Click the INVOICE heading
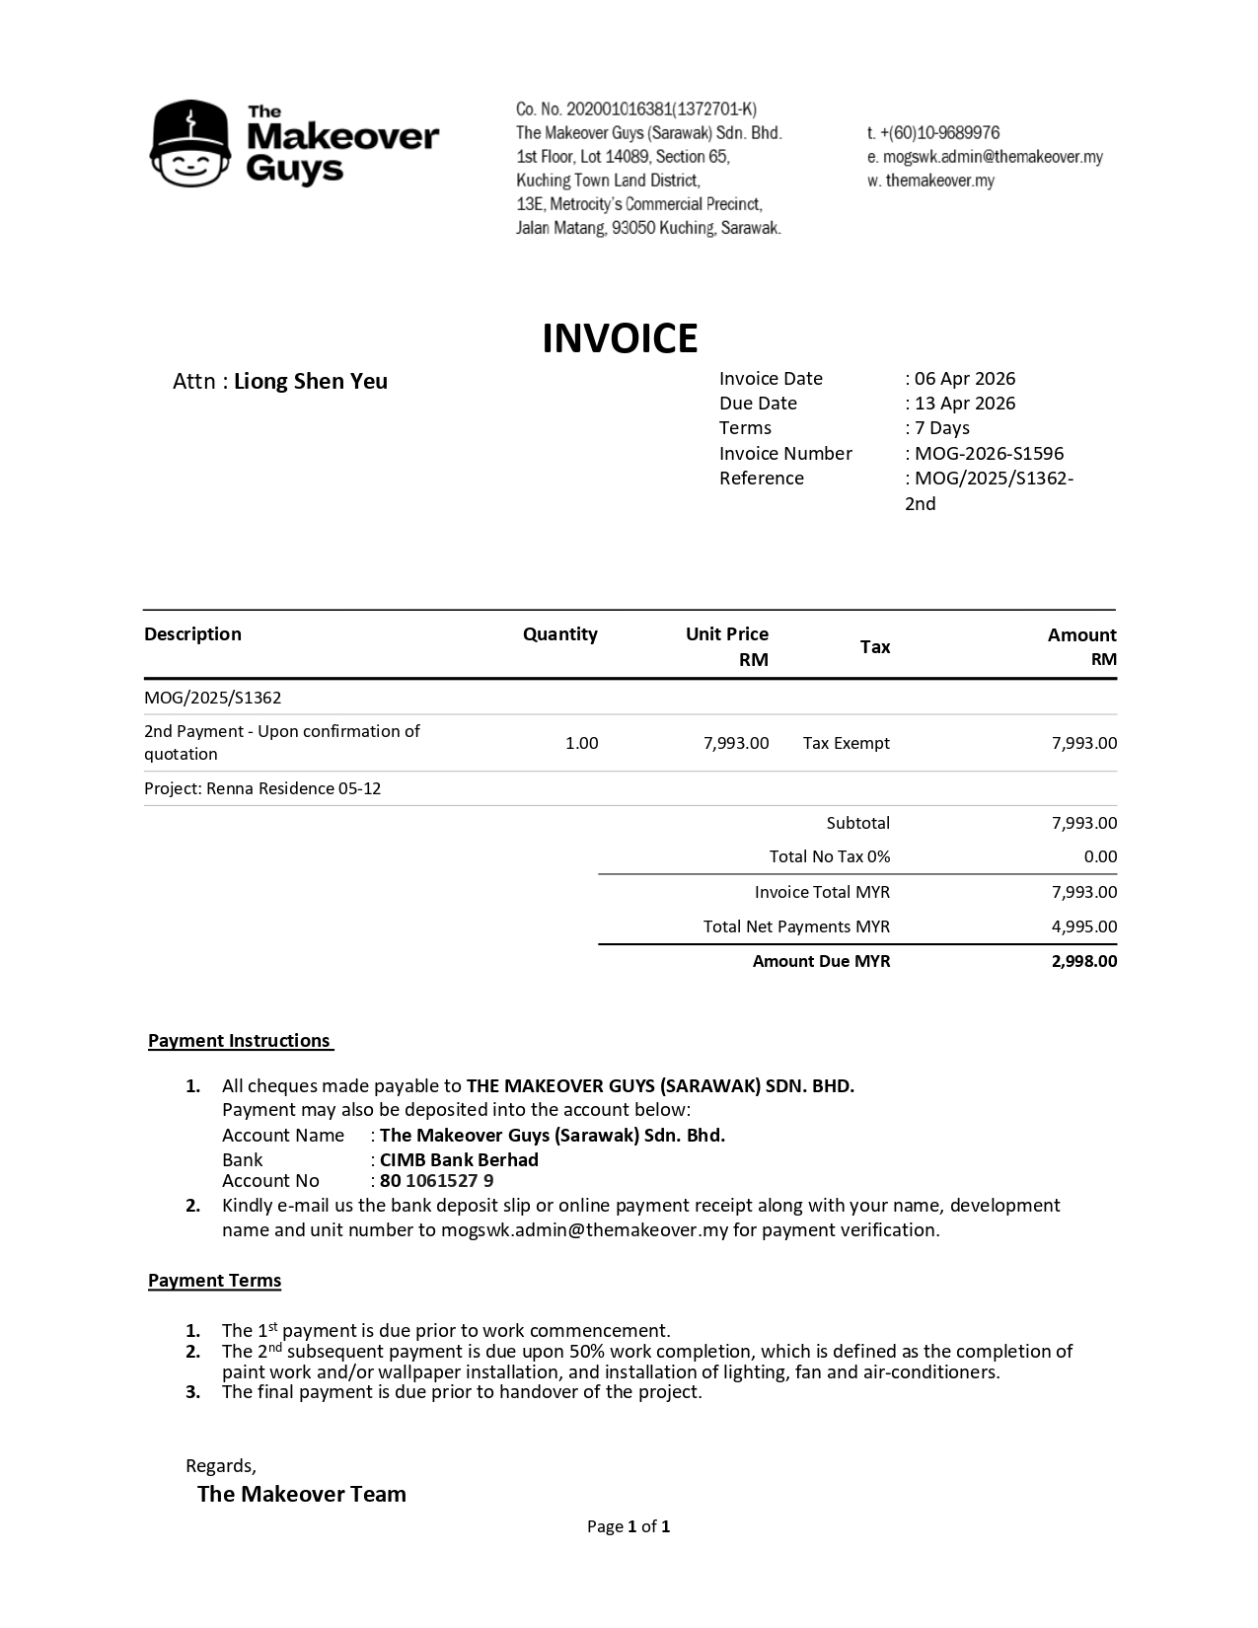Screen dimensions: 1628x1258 pyautogui.click(x=620, y=338)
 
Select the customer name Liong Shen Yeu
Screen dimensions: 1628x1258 pyautogui.click(x=310, y=382)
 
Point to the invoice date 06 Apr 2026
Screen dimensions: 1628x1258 pyautogui.click(x=964, y=379)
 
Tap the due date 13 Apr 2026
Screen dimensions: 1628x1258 pyautogui.click(x=964, y=404)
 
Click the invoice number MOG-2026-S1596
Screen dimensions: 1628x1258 pyautogui.click(x=989, y=454)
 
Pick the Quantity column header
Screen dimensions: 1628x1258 pyautogui.click(x=559, y=634)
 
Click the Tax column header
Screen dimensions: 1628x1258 pyautogui.click(x=875, y=647)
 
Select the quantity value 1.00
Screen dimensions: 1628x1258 pyautogui.click(x=581, y=743)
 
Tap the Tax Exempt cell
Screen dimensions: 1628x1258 pyautogui.click(x=846, y=743)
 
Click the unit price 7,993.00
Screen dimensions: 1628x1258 pyautogui.click(x=736, y=743)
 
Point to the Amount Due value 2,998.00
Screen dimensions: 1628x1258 pyautogui.click(x=1084, y=961)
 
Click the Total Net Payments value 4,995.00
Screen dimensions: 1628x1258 pyautogui.click(x=1084, y=926)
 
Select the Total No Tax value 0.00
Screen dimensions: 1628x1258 pyautogui.click(x=1100, y=856)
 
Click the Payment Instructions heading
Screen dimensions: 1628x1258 pyautogui.click(x=240, y=1041)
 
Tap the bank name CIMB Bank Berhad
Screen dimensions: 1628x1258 pyautogui.click(x=459, y=1159)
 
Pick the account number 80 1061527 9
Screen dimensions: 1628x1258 pyautogui.click(x=436, y=1181)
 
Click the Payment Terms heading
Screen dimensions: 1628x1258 pyautogui.click(x=214, y=1281)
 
